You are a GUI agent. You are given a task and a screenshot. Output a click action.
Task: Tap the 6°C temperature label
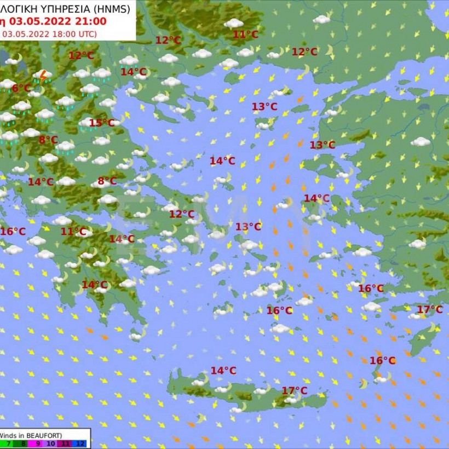(21, 88)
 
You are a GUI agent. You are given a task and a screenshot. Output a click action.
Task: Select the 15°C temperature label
(102, 123)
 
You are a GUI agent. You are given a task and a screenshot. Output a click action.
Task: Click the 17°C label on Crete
(295, 390)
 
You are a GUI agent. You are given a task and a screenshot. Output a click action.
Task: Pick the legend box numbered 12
(81, 444)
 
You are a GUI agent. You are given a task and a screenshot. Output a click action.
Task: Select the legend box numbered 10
(52, 444)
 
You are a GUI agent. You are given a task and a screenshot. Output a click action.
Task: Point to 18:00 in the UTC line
(65, 33)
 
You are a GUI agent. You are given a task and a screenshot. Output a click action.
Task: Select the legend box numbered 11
(66, 444)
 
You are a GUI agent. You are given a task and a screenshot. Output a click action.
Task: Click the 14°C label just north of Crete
(223, 371)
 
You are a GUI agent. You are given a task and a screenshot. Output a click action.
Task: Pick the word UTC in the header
(86, 33)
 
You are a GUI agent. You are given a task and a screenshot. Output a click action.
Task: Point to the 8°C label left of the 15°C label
(48, 140)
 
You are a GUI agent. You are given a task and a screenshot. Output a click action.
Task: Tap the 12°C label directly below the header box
(81, 55)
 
